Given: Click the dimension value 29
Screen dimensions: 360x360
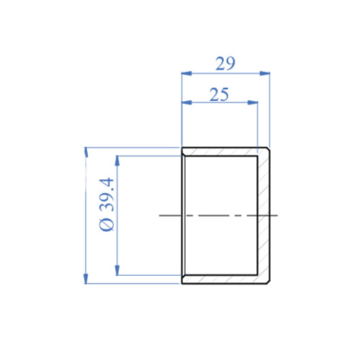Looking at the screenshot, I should [225, 63].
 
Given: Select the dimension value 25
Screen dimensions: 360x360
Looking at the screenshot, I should [220, 94].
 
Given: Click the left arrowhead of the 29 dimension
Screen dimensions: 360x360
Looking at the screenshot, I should [184, 73].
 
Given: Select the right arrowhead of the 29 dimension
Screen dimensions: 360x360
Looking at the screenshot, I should [266, 73].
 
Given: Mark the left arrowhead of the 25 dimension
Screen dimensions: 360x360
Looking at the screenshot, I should [184, 104].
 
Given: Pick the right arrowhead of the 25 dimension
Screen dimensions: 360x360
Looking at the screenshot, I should [253, 104].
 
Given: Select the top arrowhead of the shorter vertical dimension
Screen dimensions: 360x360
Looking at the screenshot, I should [116, 158].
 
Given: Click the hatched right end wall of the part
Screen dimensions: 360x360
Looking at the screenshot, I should [264, 216].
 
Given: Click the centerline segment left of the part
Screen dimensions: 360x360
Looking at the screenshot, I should [170, 215].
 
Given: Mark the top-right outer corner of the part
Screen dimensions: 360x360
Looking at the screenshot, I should [269, 148].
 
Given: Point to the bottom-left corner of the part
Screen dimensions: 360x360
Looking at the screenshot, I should [181, 284].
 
